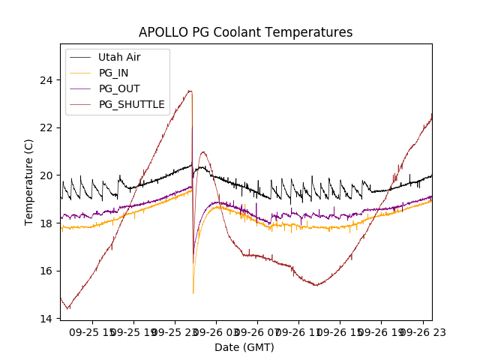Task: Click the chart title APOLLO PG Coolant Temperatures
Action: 245,32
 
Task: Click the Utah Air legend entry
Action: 119,57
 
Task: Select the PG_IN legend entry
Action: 114,73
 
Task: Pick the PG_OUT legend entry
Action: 119,88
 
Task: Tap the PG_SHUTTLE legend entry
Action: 131,104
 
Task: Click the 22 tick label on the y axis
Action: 46,127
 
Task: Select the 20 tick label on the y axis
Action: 46,175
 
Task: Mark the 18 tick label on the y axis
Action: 46,223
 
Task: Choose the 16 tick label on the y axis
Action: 46,271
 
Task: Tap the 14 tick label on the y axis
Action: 46,319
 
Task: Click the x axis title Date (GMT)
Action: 244,347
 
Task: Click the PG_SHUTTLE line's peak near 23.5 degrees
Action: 190,91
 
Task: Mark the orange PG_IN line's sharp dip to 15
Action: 193,293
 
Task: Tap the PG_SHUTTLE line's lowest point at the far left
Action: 68,308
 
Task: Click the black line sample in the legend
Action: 80,57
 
